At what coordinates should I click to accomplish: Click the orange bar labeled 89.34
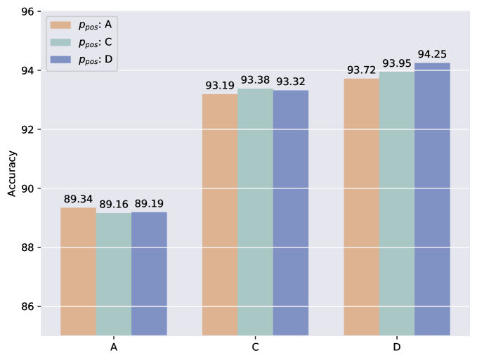(78, 271)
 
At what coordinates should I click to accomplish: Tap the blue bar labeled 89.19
(149, 274)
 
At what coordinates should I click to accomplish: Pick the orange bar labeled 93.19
(220, 214)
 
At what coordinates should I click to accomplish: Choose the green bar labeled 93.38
(255, 212)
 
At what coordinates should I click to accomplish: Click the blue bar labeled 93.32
(291, 212)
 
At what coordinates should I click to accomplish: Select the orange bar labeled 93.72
(361, 207)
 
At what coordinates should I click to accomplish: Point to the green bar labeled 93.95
(397, 203)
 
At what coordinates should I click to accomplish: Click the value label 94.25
(432, 54)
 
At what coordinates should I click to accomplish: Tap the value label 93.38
(255, 80)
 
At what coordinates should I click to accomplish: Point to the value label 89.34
(78, 199)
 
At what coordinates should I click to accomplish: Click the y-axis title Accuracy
(12, 174)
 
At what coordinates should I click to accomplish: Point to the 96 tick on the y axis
(28, 12)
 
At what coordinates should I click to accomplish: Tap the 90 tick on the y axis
(28, 188)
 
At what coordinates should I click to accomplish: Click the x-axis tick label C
(255, 347)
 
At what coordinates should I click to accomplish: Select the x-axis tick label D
(397, 347)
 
